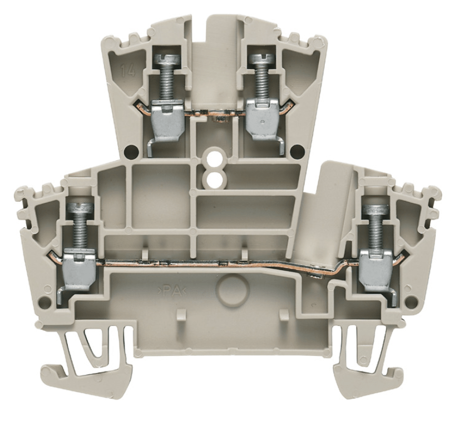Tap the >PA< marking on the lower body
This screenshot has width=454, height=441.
point(174,289)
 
